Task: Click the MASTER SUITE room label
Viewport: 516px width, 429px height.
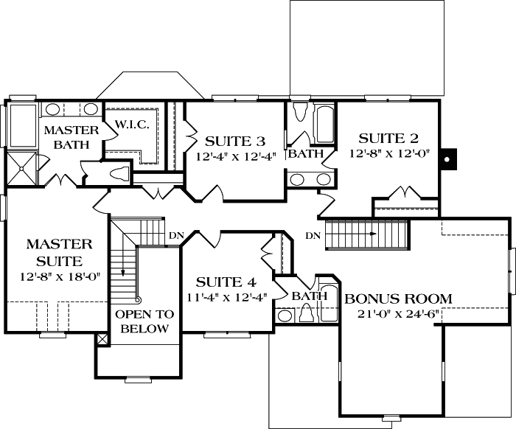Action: coord(60,251)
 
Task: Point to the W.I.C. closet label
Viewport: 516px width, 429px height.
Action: coord(133,125)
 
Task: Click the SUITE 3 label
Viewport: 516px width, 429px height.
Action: coord(234,141)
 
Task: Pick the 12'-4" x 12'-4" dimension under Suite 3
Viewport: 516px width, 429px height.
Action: coord(234,156)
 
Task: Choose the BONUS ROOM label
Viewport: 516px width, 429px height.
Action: coord(398,299)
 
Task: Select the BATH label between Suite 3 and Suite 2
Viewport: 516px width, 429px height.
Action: coord(305,154)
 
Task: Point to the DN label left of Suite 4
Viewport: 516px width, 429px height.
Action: coord(176,236)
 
